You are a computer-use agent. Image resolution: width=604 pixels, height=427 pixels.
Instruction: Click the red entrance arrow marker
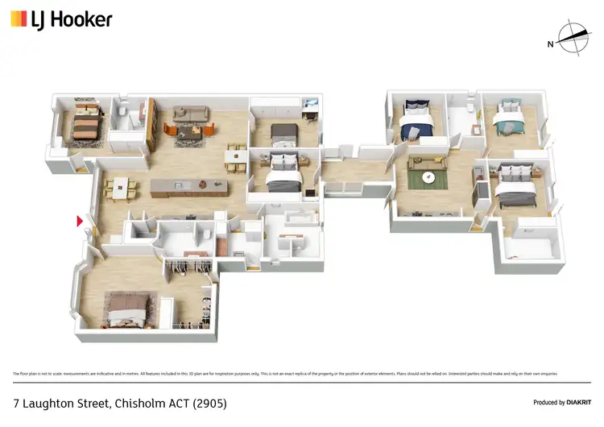[79, 222]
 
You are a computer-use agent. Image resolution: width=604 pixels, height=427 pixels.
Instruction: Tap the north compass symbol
[568, 37]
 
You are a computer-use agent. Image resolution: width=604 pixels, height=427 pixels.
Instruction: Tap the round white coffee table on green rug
[430, 178]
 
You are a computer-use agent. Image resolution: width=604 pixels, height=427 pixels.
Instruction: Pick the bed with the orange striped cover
[85, 124]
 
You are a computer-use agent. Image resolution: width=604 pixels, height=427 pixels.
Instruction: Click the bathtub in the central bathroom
[288, 218]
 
